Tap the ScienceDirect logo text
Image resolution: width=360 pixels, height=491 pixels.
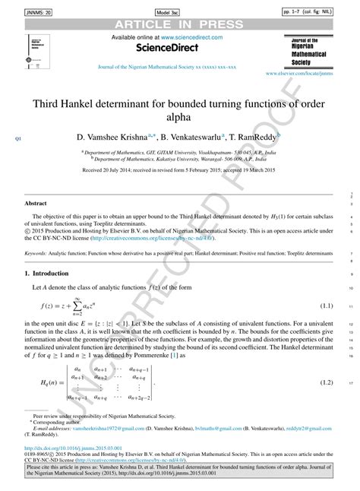point(166,47)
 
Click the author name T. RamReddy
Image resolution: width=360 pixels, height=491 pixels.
point(256,139)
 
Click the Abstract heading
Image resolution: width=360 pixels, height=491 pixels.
point(36,204)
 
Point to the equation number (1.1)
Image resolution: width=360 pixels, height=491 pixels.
point(327,306)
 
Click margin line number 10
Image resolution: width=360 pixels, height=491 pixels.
point(351,289)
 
